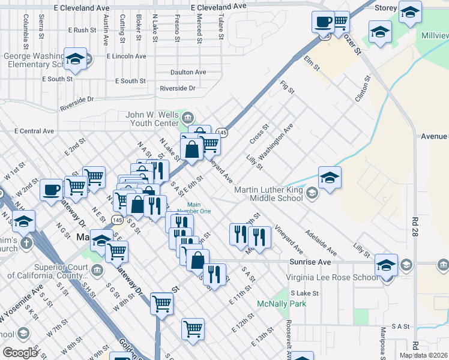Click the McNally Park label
282,304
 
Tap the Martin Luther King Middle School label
268,194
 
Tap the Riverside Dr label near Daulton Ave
178,88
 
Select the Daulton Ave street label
188,72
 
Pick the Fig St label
288,87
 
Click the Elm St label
311,62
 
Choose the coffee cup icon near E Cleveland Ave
322,22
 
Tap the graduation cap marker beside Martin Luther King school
330,177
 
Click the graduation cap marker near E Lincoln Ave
76,58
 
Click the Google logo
20,353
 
